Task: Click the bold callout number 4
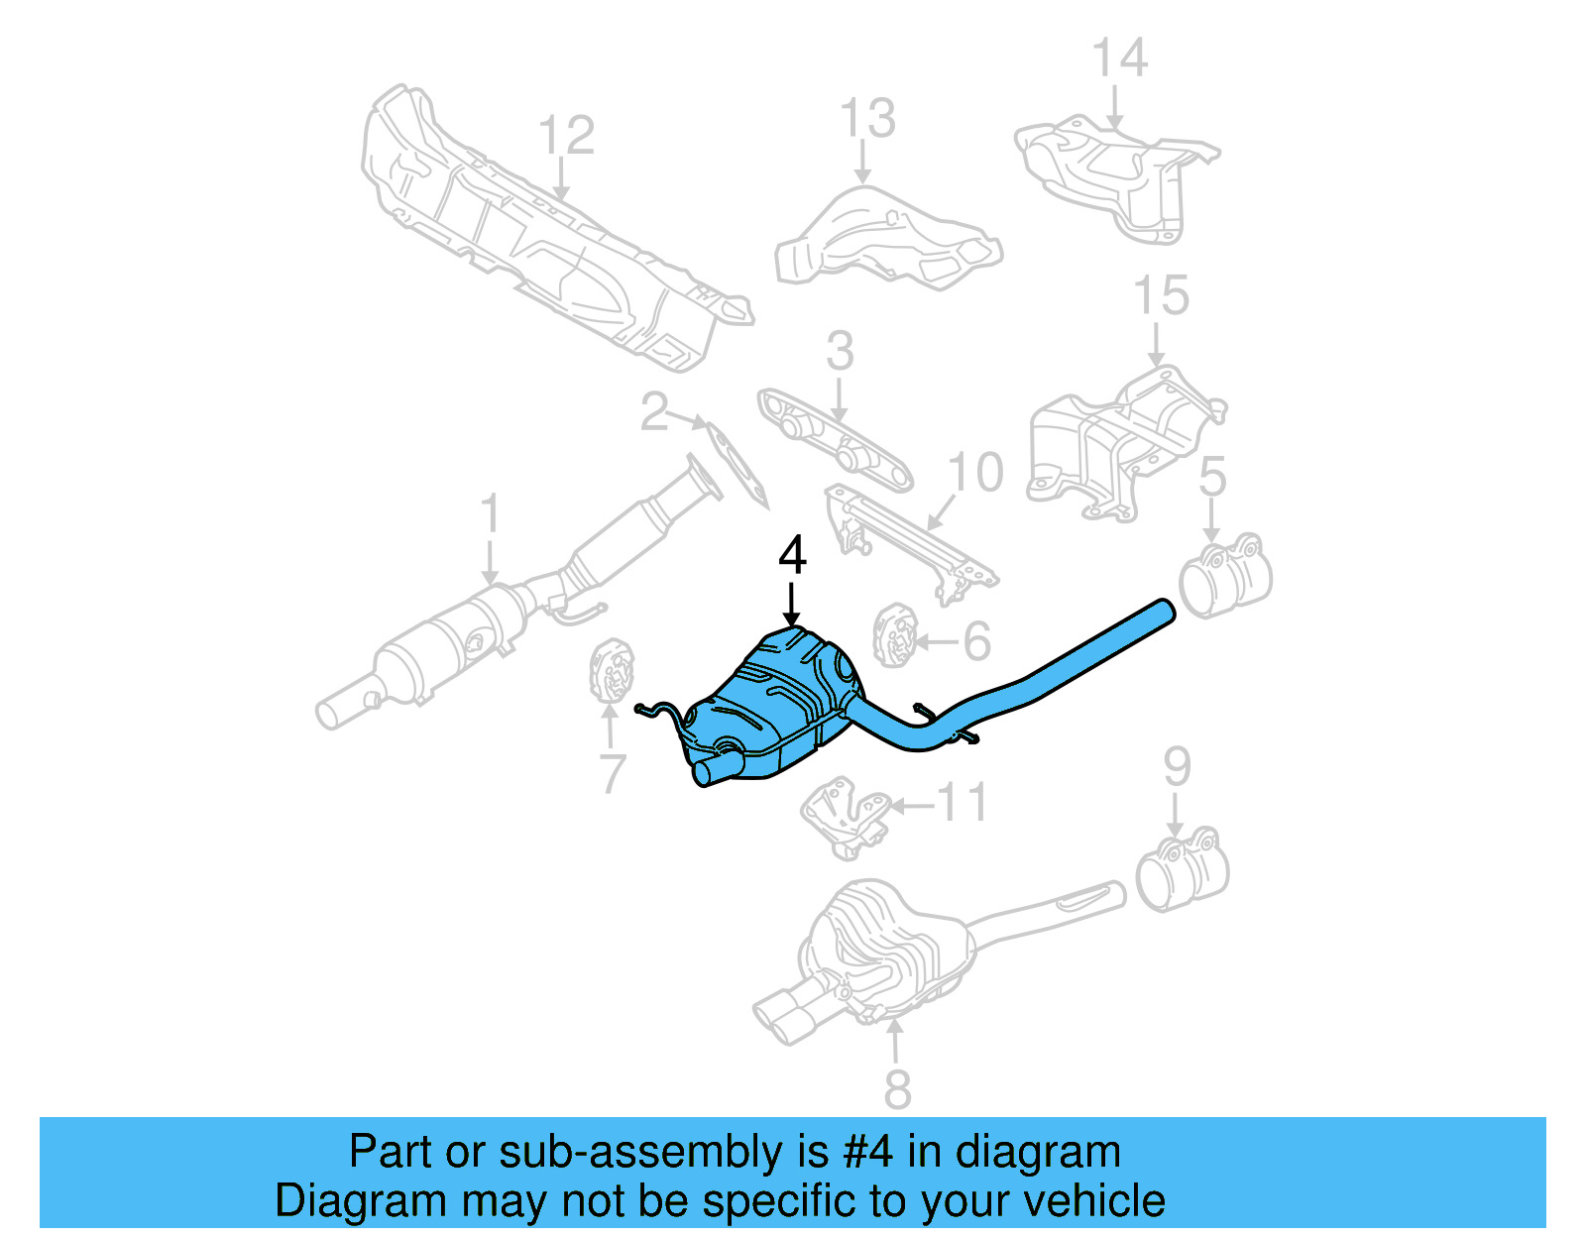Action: (792, 555)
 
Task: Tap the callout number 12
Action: (566, 136)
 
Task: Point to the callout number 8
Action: (896, 1089)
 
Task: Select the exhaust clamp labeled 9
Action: (1182, 869)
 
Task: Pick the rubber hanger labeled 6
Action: (894, 634)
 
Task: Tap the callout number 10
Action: (975, 472)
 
